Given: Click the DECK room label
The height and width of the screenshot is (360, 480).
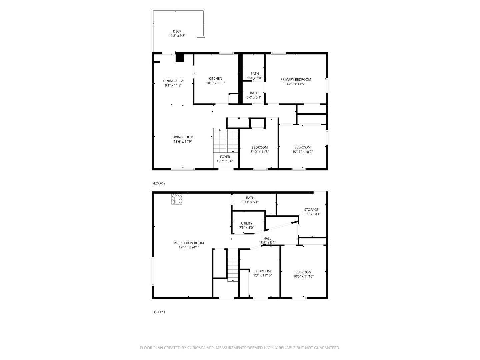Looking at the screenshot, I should click(x=177, y=31).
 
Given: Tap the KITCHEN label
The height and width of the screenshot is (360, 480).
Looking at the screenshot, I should click(x=215, y=79).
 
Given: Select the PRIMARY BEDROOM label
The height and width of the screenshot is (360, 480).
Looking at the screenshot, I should click(x=295, y=79).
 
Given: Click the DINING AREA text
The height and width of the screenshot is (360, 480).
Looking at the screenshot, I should click(x=173, y=81).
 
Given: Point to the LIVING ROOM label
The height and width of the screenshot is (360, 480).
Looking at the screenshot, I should click(x=183, y=137).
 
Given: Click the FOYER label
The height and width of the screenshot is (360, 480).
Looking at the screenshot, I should click(x=225, y=157).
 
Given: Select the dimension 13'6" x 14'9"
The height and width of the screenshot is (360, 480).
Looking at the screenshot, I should click(x=183, y=142).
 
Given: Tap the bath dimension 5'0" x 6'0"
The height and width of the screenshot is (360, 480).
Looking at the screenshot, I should click(x=254, y=78).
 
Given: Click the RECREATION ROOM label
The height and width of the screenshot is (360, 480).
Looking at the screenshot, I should click(x=189, y=243).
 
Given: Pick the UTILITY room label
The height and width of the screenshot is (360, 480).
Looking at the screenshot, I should click(x=247, y=223).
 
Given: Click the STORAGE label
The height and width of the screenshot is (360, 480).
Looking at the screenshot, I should click(x=311, y=210).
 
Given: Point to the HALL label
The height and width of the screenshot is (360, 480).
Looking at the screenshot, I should click(x=267, y=238).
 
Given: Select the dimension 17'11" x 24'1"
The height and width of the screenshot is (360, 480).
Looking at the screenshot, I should click(x=189, y=247).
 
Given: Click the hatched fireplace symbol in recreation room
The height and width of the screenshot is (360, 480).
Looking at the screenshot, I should click(x=177, y=199).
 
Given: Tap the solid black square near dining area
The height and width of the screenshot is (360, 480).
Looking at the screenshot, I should click(x=180, y=58).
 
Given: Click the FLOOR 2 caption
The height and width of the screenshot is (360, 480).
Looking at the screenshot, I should click(x=159, y=183).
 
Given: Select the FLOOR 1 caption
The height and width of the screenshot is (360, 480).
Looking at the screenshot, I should click(x=159, y=312).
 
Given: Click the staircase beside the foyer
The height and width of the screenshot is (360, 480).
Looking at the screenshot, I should click(x=226, y=140).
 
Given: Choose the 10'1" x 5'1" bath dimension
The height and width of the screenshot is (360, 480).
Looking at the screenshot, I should click(x=250, y=202).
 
